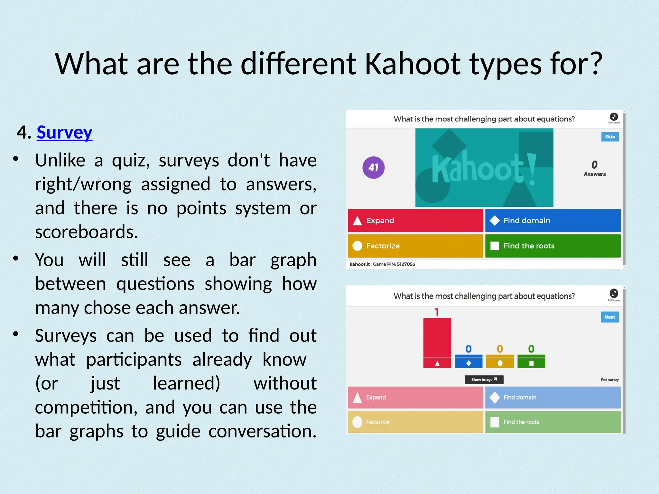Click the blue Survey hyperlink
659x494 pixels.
64,133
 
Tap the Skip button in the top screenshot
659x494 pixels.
610,137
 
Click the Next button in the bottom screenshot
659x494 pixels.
609,317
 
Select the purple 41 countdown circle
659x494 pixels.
373,168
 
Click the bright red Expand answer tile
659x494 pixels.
415,221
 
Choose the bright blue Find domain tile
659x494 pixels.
552,221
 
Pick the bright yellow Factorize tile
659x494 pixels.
415,246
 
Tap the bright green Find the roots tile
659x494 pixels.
552,246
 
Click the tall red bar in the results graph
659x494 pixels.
437,338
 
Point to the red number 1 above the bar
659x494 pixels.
437,312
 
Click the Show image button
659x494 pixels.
484,380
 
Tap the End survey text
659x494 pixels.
609,380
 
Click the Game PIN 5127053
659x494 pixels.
405,264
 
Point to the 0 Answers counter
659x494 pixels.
594,169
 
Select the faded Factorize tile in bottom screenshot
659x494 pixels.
415,422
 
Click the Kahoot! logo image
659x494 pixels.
484,168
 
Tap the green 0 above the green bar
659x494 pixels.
531,349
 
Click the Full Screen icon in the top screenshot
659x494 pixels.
613,117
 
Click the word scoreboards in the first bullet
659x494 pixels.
86,232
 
